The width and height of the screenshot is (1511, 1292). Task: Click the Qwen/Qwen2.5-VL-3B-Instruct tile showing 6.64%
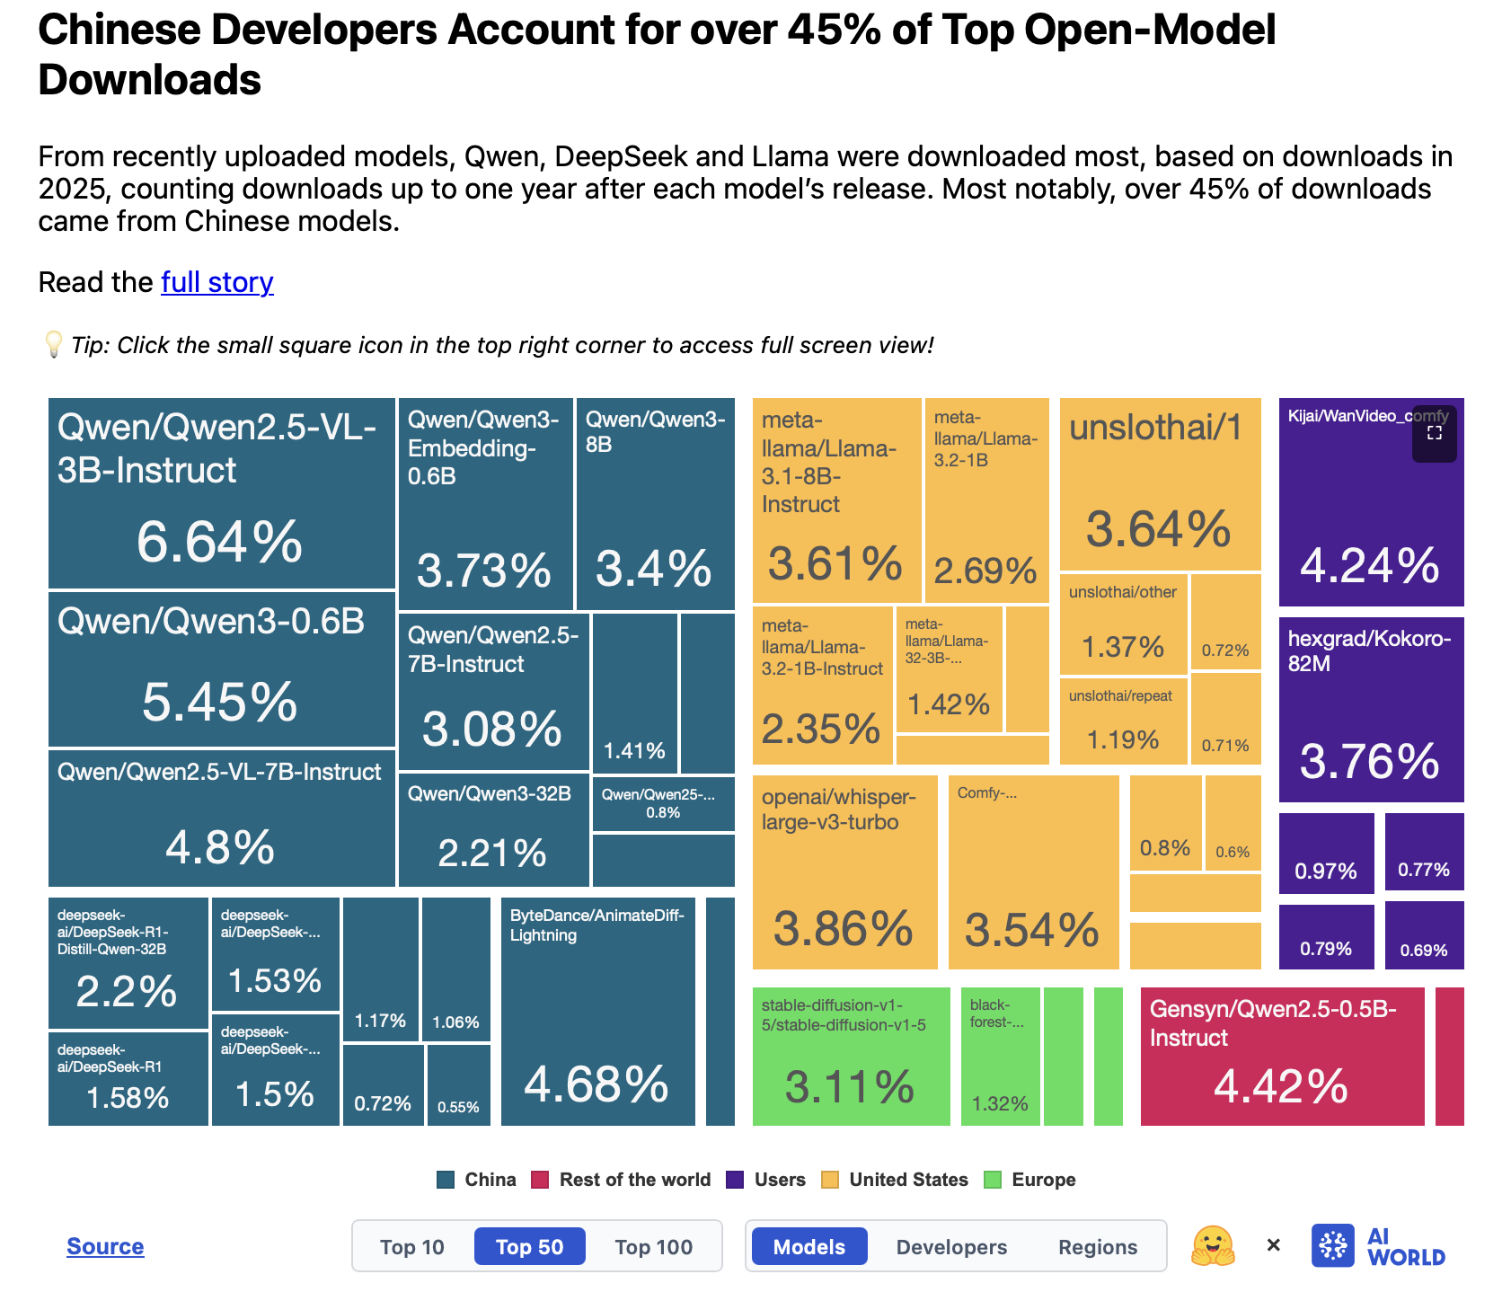click(221, 492)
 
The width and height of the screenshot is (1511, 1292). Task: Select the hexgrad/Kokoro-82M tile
click(1371, 710)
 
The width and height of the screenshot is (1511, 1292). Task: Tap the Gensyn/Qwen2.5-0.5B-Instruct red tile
click(1282, 1057)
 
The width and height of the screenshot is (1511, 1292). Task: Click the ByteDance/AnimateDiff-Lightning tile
click(597, 1012)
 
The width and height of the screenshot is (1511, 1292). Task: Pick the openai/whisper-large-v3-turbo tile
click(844, 872)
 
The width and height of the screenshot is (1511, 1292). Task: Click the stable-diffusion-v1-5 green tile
click(851, 1057)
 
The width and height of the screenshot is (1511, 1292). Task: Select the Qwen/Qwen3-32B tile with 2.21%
click(492, 831)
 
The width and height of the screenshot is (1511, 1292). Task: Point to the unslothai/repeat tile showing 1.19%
click(1123, 719)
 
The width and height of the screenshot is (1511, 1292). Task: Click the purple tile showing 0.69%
click(1424, 935)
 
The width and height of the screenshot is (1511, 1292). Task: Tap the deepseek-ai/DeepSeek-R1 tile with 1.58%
click(128, 1078)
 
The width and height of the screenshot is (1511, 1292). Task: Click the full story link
click(216, 282)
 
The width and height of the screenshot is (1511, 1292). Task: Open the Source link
click(105, 1246)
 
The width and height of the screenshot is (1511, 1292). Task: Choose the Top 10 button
click(411, 1246)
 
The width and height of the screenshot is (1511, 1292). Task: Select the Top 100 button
click(653, 1246)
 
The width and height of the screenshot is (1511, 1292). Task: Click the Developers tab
click(951, 1246)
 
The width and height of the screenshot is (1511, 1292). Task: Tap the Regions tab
click(1097, 1246)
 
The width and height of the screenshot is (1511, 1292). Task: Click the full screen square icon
click(1435, 433)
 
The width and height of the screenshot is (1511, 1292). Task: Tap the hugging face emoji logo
click(1213, 1246)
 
